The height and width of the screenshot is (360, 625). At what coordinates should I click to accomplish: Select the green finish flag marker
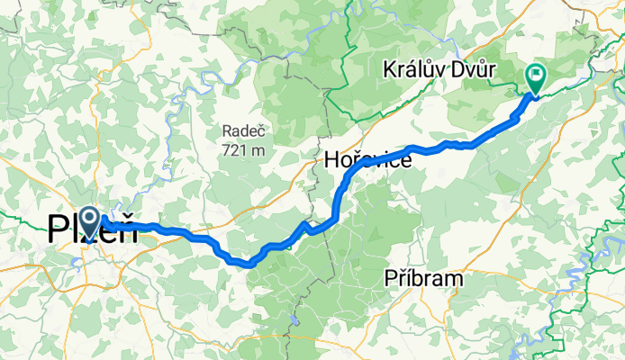(536, 78)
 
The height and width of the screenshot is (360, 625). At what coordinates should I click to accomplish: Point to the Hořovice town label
(367, 161)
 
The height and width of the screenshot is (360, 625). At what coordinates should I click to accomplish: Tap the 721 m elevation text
(245, 149)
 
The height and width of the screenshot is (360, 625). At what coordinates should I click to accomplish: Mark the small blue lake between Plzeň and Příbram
(294, 319)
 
